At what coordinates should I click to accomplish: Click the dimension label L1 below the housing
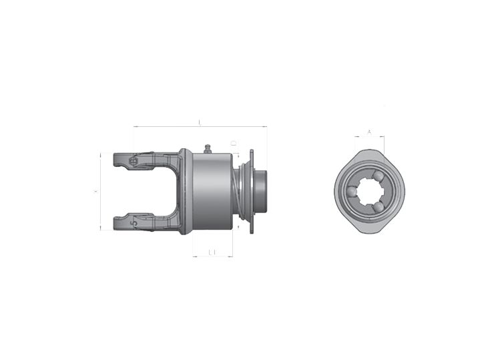click(x=212, y=252)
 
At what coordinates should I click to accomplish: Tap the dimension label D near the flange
click(x=233, y=143)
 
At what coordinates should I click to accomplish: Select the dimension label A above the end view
click(x=369, y=132)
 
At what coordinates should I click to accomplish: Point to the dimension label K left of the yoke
click(x=95, y=191)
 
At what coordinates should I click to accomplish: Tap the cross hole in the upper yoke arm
click(x=134, y=160)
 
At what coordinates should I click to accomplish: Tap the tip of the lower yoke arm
click(x=115, y=221)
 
